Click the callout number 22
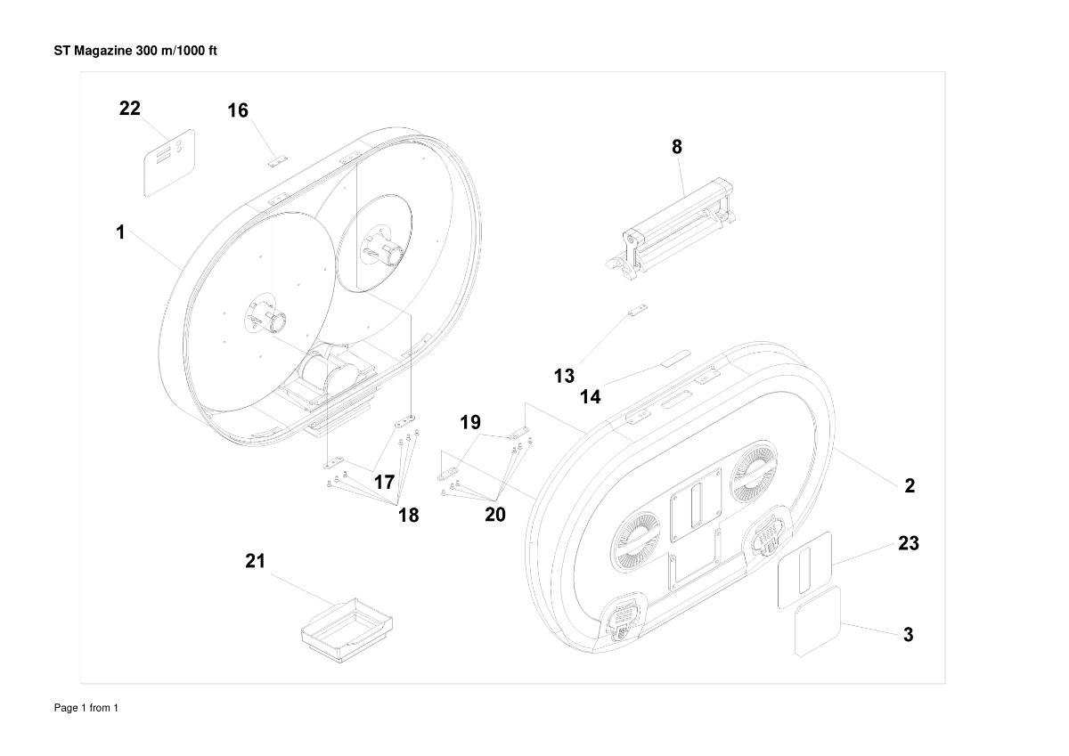click(130, 109)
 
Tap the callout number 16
click(238, 110)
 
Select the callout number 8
click(677, 148)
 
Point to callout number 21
click(256, 561)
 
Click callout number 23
click(908, 543)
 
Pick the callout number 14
click(591, 397)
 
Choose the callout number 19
click(470, 422)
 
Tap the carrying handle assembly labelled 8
click(674, 226)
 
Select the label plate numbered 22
click(170, 161)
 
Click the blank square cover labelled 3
click(819, 621)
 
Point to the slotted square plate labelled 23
click(805, 570)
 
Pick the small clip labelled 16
click(276, 162)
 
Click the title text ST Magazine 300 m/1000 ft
click(136, 51)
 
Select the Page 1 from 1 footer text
click(86, 708)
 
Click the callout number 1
click(119, 232)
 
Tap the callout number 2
click(910, 486)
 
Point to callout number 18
click(408, 515)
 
